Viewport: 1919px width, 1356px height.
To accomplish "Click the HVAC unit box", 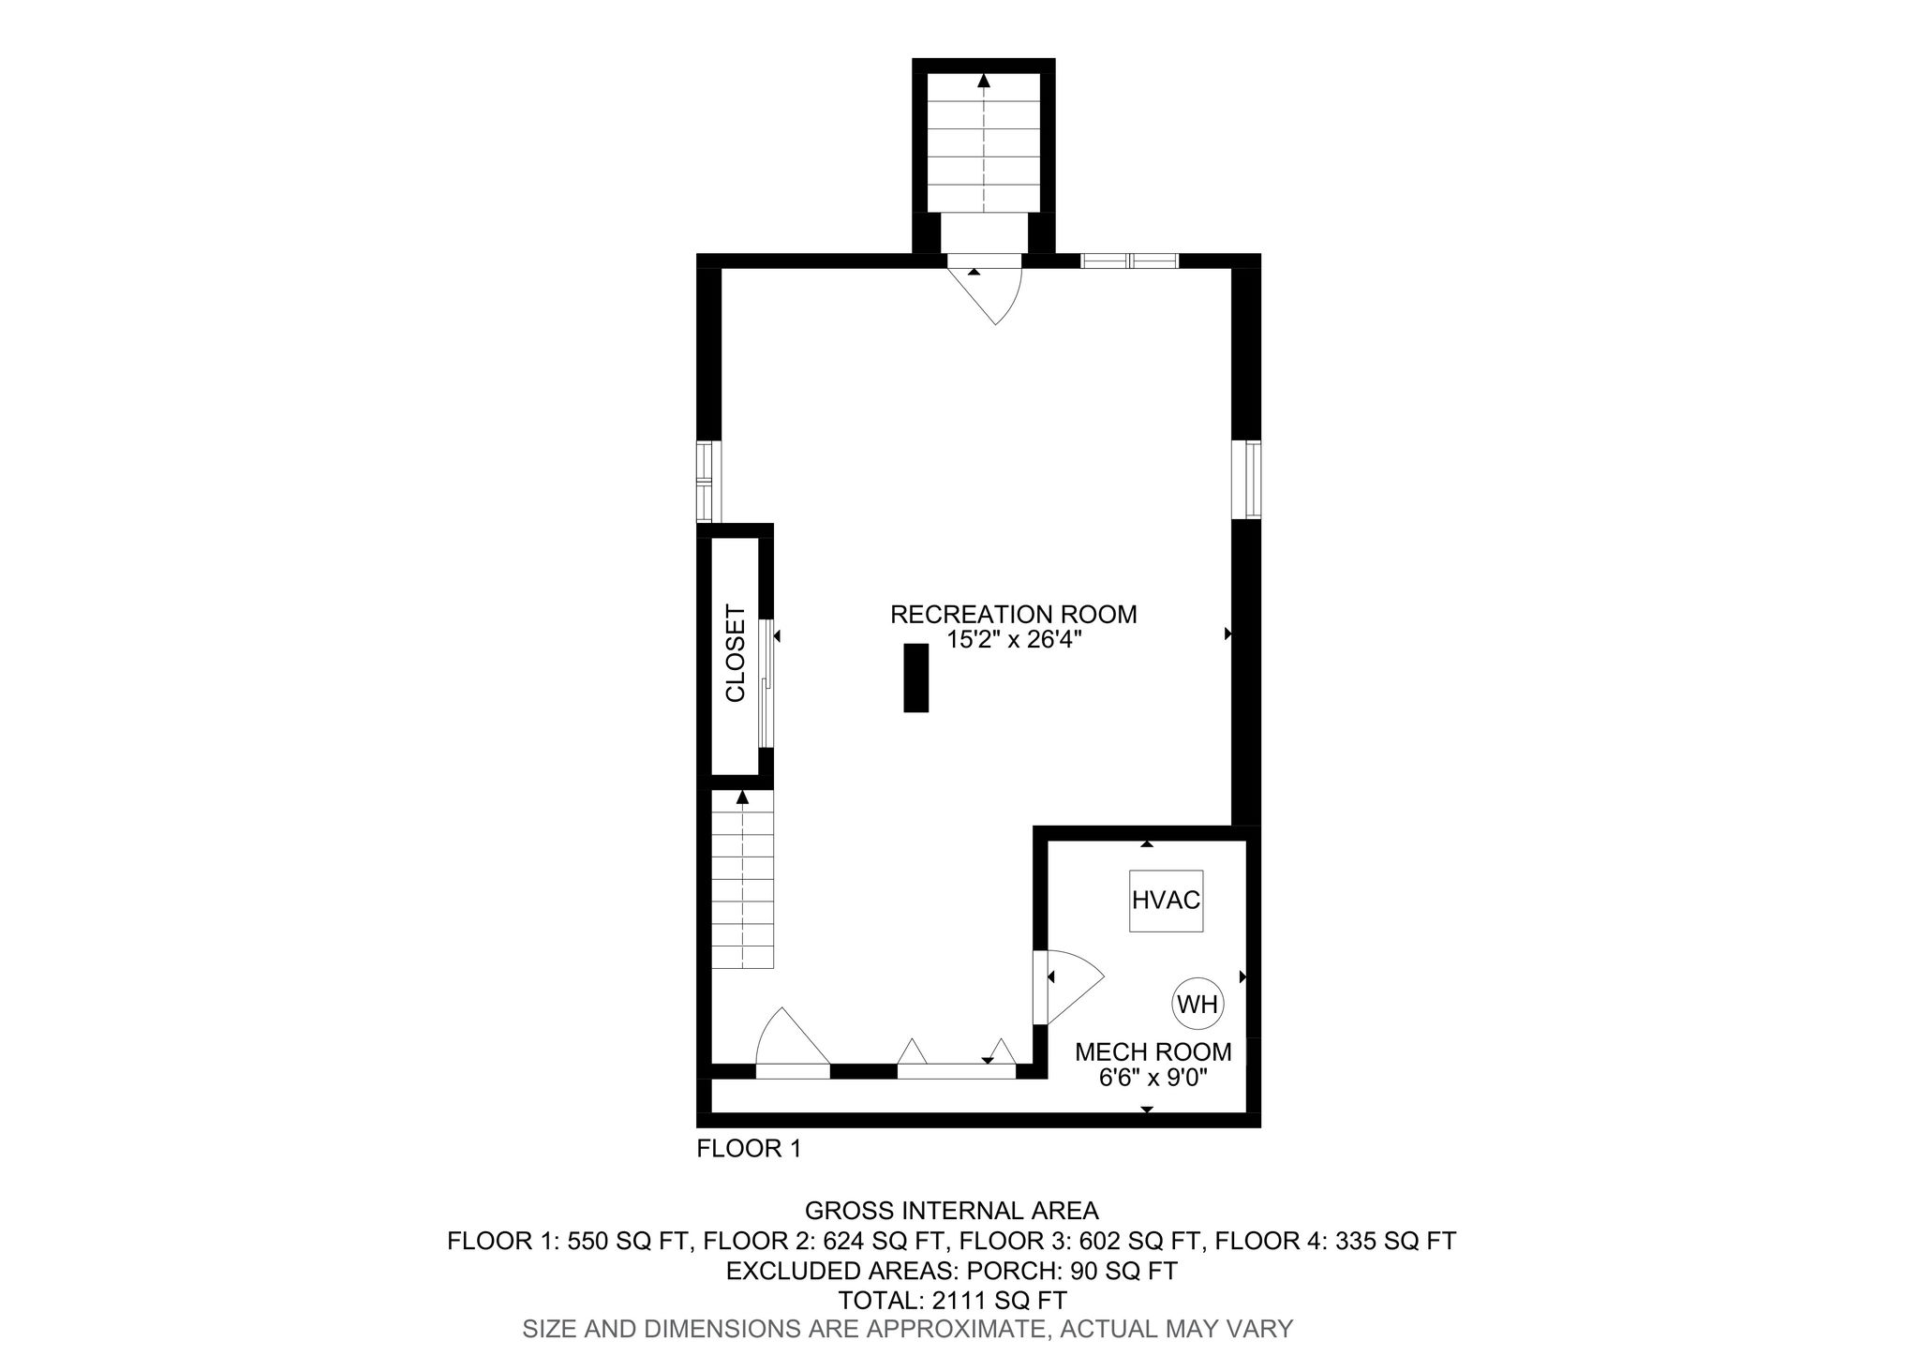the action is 1166,900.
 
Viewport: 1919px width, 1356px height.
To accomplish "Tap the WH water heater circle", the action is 1198,1005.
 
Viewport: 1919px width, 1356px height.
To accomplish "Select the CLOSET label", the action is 736,653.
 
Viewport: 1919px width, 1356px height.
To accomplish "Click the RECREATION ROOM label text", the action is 1013,615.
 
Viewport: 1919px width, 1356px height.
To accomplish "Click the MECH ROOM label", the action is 1153,1052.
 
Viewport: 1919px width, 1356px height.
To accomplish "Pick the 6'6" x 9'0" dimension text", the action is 1153,1079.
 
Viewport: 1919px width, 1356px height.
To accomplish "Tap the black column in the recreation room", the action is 915,678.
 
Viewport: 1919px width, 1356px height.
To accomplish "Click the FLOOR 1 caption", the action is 749,1149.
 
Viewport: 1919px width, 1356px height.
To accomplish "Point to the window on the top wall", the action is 1129,261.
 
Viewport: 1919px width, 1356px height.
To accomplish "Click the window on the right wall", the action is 1252,480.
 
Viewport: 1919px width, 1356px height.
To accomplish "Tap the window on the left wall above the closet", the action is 705,482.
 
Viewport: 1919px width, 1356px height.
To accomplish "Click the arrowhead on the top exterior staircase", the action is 983,81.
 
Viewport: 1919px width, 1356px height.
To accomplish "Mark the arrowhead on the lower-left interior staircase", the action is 743,797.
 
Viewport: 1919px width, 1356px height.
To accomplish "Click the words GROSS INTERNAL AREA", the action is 952,1211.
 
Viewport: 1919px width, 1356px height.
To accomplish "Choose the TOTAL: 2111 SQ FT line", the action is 953,1300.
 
